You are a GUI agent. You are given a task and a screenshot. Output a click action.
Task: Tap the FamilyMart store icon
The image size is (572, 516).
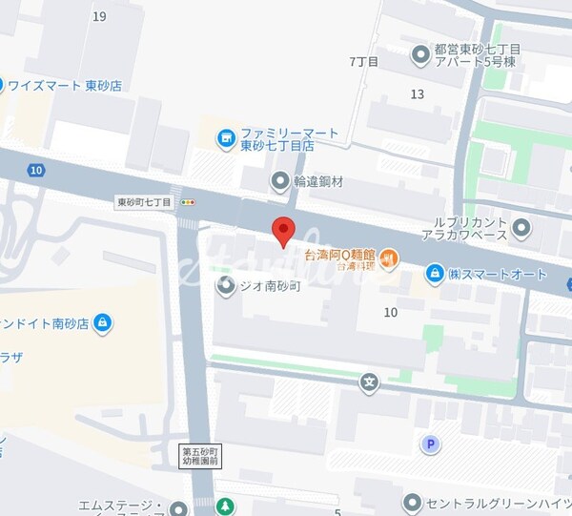point(226,139)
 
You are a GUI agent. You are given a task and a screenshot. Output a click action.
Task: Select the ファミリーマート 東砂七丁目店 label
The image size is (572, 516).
point(276,139)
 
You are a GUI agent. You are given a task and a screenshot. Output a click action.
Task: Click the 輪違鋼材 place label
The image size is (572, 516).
point(318,181)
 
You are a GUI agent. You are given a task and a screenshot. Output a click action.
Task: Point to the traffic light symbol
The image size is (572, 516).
point(188,202)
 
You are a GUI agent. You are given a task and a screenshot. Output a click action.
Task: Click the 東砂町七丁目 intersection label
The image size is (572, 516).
point(144,202)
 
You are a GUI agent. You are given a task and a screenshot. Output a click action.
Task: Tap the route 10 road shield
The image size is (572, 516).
point(36,170)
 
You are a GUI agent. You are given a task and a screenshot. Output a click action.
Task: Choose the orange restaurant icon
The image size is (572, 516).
point(391,257)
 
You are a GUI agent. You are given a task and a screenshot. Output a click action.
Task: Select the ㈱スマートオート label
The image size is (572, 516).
point(498,274)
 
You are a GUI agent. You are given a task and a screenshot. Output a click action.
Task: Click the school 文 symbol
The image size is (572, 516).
point(369,383)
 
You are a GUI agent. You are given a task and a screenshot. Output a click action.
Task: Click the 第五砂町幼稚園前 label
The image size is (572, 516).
point(200,455)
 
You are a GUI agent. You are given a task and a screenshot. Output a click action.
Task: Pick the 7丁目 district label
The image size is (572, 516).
point(364,62)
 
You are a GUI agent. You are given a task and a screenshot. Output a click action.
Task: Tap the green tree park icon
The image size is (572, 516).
point(225,506)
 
